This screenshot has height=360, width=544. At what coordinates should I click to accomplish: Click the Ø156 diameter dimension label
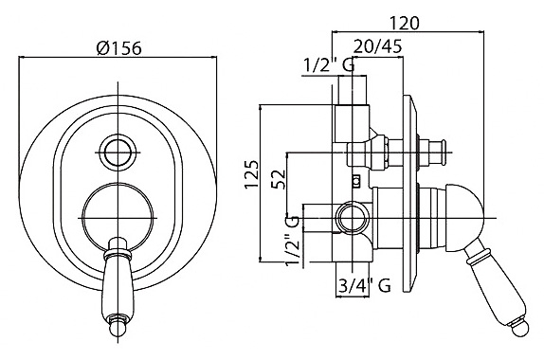click(x=119, y=48)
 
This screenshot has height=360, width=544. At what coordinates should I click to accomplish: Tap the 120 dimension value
click(x=405, y=24)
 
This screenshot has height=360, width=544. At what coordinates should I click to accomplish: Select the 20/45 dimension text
click(x=378, y=45)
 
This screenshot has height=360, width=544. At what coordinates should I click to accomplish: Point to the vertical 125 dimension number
click(x=252, y=174)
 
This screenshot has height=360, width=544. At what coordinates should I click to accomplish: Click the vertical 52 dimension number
click(x=279, y=179)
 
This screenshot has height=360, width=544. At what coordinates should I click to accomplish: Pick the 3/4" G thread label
click(x=364, y=286)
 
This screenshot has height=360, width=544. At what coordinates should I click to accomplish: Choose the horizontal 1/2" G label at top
click(x=329, y=64)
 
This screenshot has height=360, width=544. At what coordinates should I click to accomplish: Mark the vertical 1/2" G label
click(x=292, y=241)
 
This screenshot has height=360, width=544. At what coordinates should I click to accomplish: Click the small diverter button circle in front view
click(x=118, y=153)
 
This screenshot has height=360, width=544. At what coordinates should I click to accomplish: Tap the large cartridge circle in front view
click(x=118, y=218)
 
